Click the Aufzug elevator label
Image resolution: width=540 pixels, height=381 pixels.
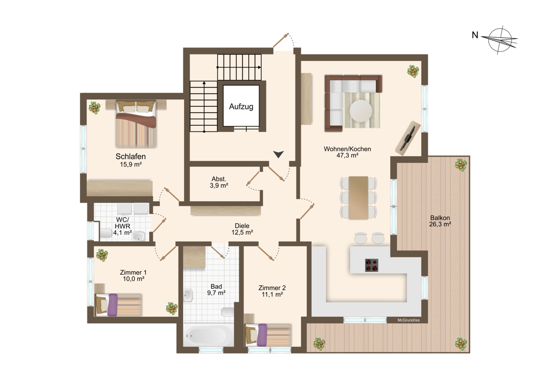pos(241,107)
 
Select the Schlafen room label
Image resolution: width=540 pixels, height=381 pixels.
pos(131,157)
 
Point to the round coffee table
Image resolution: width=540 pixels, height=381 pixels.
pos(361,111)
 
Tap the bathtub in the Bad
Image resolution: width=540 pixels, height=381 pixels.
pos(208,335)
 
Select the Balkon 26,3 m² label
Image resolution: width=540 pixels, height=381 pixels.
pos(440,221)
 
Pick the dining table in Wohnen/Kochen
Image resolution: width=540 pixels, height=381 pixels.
pos(358,198)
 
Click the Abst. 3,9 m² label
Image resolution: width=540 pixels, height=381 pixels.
pos(219,182)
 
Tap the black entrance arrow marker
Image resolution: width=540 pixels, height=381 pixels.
pos(278,154)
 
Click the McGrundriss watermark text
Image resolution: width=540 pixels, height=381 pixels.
pos(408,320)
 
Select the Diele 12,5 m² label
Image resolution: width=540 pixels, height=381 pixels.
pos(242,229)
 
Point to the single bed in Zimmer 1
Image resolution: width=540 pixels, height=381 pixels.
pos(118,304)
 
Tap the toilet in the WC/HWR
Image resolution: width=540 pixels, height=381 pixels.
pos(106,234)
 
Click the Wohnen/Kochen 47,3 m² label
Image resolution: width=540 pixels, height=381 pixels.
pos(347,152)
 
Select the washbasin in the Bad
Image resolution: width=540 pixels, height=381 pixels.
pos(188,296)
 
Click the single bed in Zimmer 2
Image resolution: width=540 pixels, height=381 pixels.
pos(268,335)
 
